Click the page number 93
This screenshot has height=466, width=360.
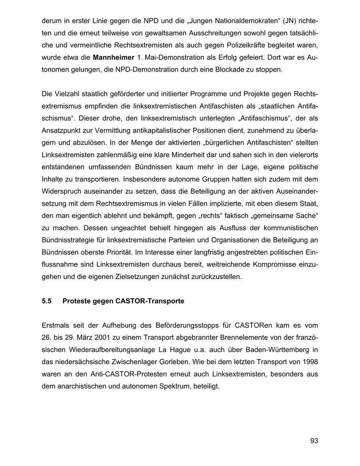(314, 441)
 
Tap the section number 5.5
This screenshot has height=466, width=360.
(47, 301)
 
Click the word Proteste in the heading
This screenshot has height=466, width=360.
(76, 301)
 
